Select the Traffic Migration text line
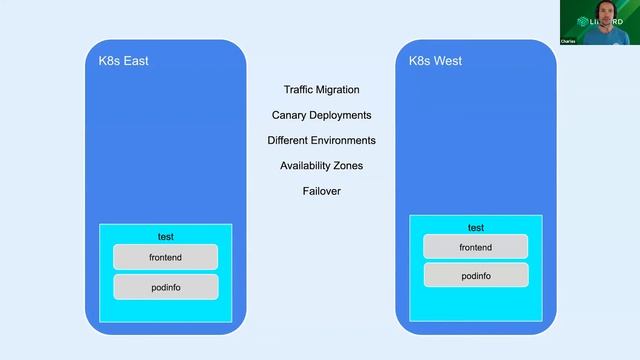click(x=321, y=90)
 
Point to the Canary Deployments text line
click(x=321, y=115)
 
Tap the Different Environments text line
click(x=321, y=140)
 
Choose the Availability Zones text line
click(x=321, y=165)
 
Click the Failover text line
click(x=321, y=190)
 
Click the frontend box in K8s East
click(x=165, y=257)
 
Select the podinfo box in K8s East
click(x=165, y=287)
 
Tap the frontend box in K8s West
click(x=475, y=247)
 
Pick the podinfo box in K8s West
click(x=475, y=275)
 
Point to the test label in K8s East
click(x=165, y=237)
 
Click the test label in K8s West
click(x=475, y=227)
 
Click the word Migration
click(x=337, y=90)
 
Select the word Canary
click(x=289, y=115)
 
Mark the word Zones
click(x=347, y=165)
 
